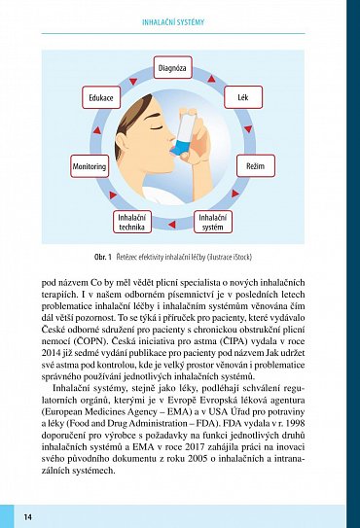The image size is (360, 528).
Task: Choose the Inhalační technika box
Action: pyautogui.click(x=131, y=223)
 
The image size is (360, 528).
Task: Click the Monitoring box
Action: pyautogui.click(x=90, y=167)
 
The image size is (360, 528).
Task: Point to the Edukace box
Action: pyautogui.click(x=103, y=98)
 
